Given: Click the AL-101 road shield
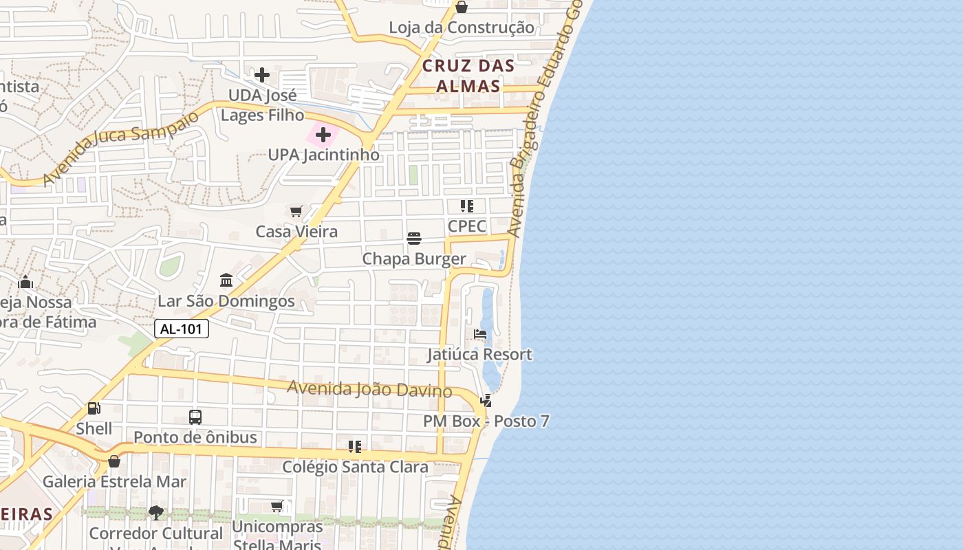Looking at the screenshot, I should [181, 329].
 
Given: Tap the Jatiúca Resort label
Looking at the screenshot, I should [479, 355].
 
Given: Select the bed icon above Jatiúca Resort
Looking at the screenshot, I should [480, 334].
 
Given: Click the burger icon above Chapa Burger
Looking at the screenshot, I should [414, 239].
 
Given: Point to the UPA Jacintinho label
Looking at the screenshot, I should [323, 155].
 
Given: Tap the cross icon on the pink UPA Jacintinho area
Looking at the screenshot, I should [323, 135].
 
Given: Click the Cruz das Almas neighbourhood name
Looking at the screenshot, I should [468, 76].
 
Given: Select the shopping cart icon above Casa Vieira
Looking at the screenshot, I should [296, 212].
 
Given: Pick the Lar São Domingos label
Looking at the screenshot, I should [226, 301].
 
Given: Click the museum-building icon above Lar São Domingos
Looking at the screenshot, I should [226, 280].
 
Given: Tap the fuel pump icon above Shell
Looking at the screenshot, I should [94, 408].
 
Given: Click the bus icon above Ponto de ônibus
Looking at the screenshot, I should [195, 417].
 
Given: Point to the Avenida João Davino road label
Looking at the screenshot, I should [369, 389].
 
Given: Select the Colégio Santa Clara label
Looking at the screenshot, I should [355, 467].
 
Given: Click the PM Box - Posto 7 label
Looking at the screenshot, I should [486, 421].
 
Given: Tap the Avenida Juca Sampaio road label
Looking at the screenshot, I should [121, 146].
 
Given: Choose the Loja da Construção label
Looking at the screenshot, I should [461, 27].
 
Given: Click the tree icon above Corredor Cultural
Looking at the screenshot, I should [156, 512].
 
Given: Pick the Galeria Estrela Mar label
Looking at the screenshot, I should [114, 481].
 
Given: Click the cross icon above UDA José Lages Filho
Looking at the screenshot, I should [262, 75].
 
